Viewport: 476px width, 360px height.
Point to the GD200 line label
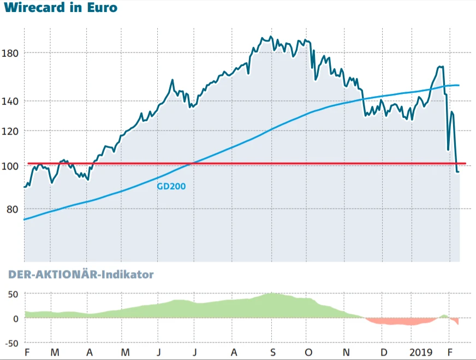(171, 186)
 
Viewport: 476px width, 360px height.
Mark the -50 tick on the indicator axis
(11, 343)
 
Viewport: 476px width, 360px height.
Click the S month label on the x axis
(272, 352)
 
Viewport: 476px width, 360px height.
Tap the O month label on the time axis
(308, 352)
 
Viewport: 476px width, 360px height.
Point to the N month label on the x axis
(346, 352)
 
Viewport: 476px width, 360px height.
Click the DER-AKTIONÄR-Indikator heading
(81, 274)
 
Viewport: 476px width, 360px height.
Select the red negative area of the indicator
(398, 321)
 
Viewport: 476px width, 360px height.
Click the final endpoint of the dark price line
(459, 172)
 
